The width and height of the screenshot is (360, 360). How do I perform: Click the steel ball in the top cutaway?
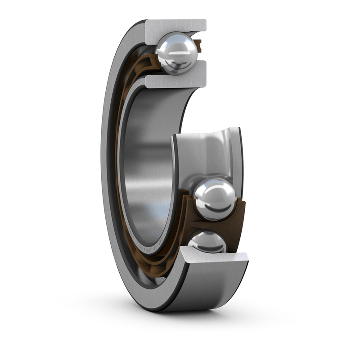tap(177, 54)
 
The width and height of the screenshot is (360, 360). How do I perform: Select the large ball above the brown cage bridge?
tap(215, 198)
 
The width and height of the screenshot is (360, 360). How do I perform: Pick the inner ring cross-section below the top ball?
tap(175, 80)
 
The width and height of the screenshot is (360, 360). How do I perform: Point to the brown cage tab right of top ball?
tap(198, 45)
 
